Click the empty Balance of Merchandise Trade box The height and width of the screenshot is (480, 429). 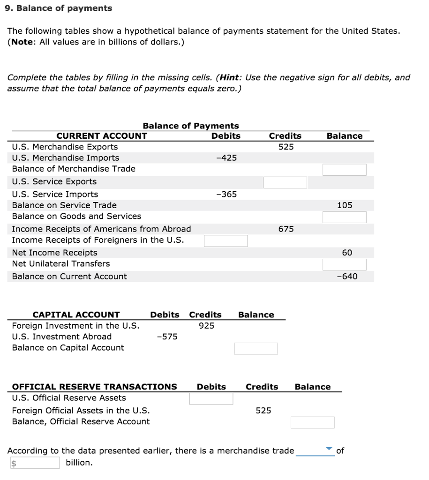coord(344,170)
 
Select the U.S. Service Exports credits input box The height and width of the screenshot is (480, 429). coord(285,182)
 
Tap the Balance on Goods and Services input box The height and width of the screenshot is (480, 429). coord(344,217)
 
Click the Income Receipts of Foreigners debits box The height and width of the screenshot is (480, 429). coord(226,241)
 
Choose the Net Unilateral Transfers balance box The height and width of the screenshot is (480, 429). coord(344,264)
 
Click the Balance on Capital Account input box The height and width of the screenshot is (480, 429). coord(256,348)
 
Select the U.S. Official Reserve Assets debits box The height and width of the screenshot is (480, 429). coord(211,398)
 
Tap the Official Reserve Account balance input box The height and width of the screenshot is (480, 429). coord(312,422)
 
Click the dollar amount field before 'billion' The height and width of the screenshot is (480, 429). coord(35,463)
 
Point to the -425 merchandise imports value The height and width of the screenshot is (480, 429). coord(226,158)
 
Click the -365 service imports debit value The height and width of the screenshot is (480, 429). coord(226,194)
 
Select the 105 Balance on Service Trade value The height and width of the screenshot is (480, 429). coord(345,205)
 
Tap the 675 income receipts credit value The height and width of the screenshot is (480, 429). coord(286,229)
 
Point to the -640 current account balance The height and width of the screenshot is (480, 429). coord(347,277)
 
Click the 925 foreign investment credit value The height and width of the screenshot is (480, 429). coord(206,326)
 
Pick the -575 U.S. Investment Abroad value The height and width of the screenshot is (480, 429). coord(167,337)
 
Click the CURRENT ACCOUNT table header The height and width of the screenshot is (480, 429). coord(102,136)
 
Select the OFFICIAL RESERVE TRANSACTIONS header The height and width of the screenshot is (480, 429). coord(94,387)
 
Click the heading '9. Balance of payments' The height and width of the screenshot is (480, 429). coord(60,8)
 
